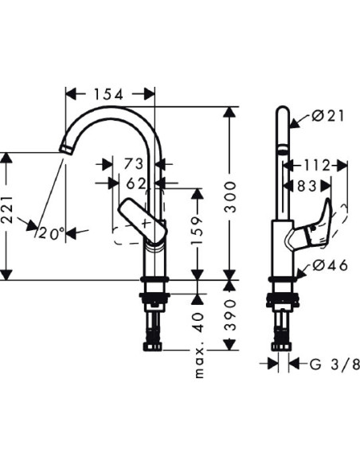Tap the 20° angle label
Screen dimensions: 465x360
[x=50, y=233]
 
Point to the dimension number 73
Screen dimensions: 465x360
[x=133, y=164]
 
